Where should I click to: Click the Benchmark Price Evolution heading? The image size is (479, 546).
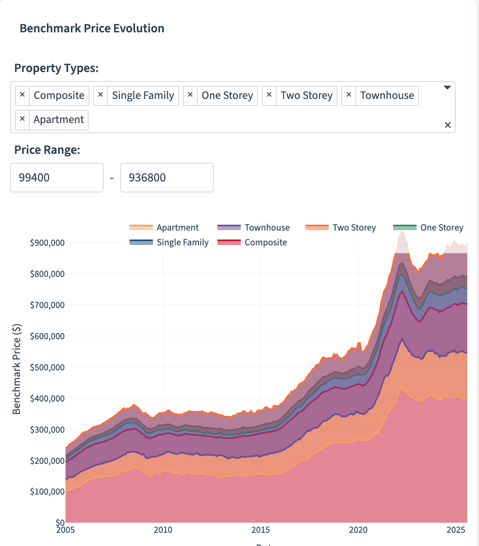pos(92,28)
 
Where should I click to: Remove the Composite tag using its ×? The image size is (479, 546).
pos(22,95)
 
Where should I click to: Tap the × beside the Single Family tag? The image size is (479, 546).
pos(100,95)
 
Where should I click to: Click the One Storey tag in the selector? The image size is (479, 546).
pos(227,95)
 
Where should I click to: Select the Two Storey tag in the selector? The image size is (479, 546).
pos(306,95)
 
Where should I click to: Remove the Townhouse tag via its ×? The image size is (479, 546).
pos(349,95)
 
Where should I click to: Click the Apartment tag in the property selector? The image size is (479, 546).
pos(59,120)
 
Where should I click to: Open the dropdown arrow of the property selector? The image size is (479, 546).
pos(447,88)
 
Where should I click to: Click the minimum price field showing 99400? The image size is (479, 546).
pos(57,178)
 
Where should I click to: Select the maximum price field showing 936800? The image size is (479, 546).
pos(167,178)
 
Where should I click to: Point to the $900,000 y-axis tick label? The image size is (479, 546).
pos(47,243)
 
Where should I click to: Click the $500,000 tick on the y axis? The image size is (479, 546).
pos(47,367)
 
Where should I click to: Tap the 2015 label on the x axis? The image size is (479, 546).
pos(261,530)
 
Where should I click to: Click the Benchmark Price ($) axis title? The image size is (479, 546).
pos(16,369)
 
